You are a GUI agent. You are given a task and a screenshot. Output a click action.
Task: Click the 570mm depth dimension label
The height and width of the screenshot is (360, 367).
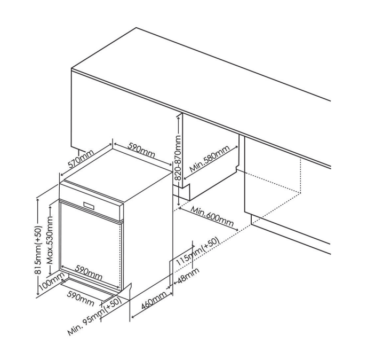81,159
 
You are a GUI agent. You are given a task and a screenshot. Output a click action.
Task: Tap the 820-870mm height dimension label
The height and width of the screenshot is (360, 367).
178,158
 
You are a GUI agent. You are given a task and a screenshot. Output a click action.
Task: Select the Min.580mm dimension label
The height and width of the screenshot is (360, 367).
210,159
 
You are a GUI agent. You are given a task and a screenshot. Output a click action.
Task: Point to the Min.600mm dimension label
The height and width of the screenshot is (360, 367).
212,216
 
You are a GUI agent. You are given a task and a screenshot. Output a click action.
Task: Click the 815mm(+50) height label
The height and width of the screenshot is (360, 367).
38,250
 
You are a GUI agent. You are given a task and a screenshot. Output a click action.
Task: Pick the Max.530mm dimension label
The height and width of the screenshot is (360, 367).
50,240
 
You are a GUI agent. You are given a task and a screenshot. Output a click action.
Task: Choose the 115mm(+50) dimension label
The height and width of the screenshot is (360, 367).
198,252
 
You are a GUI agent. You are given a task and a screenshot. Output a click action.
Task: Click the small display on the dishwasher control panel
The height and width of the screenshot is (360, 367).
90,205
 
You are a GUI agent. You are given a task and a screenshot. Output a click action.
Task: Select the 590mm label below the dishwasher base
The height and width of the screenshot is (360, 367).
81,299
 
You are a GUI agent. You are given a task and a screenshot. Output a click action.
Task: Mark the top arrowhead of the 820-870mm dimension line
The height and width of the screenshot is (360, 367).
179,116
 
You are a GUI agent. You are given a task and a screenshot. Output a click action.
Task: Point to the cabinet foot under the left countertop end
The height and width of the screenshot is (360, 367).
78,149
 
